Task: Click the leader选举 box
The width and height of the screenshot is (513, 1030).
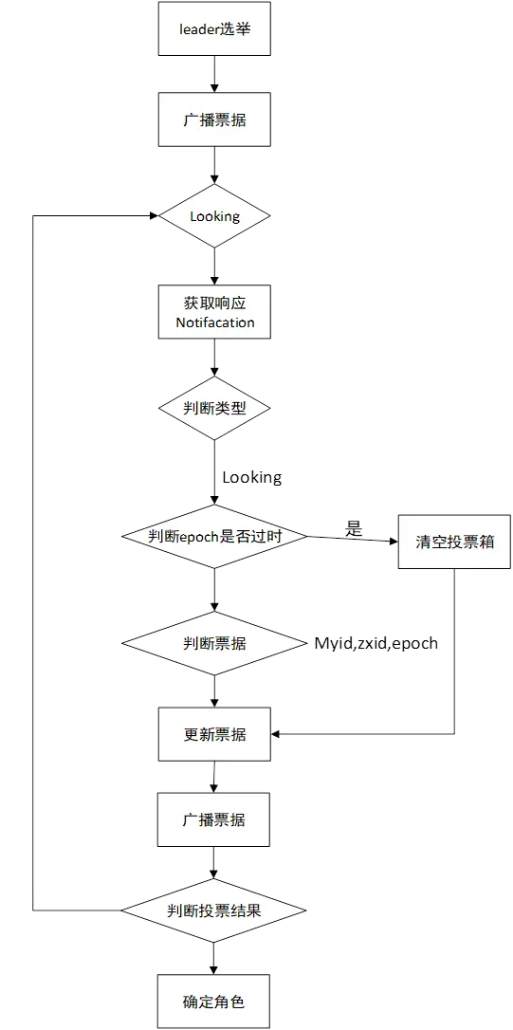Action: click(x=214, y=28)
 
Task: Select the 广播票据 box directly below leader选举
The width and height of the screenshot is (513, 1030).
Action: click(x=214, y=120)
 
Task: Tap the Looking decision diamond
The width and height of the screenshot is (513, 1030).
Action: click(x=214, y=216)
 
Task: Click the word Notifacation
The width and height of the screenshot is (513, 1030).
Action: click(x=215, y=322)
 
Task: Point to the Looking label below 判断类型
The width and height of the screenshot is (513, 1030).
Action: click(x=251, y=477)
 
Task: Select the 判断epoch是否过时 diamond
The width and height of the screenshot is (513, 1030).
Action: click(x=214, y=536)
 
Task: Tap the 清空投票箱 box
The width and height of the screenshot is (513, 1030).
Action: click(x=454, y=543)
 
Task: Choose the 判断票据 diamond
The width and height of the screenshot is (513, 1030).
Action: click(x=214, y=643)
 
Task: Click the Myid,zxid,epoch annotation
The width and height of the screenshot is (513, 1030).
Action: click(x=377, y=644)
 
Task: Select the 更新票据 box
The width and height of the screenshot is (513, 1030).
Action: click(x=214, y=734)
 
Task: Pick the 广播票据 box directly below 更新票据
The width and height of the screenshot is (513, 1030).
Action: click(x=214, y=819)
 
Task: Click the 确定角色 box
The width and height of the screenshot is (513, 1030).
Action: click(x=214, y=1001)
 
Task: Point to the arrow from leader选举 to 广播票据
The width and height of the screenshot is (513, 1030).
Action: click(x=215, y=74)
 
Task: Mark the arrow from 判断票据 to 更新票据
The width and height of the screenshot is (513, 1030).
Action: click(x=215, y=690)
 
